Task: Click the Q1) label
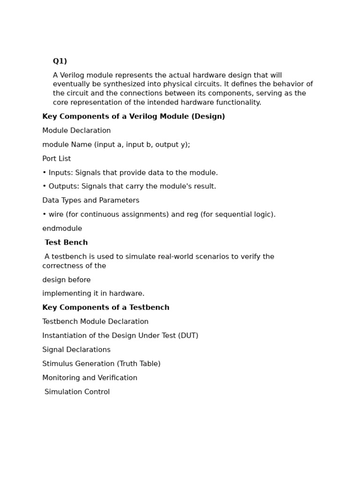pyautogui.click(x=60, y=61)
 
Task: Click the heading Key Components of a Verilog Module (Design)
pyautogui.click(x=134, y=117)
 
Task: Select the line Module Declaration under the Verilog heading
pyautogui.click(x=76, y=131)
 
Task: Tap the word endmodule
pyautogui.click(x=62, y=229)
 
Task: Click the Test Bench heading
pyautogui.click(x=66, y=243)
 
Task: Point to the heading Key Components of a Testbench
pyautogui.click(x=106, y=308)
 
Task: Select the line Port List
pyautogui.click(x=56, y=159)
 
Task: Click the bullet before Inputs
pyautogui.click(x=44, y=173)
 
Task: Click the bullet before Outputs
pyautogui.click(x=44, y=187)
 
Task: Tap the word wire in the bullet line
pyautogui.click(x=56, y=215)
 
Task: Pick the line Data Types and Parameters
pyautogui.click(x=90, y=201)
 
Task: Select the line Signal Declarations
pyautogui.click(x=76, y=350)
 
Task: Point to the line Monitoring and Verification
pyautogui.click(x=90, y=378)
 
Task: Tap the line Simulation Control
pyautogui.click(x=77, y=392)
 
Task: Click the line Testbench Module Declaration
pyautogui.click(x=95, y=322)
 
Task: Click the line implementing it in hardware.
pyautogui.click(x=93, y=294)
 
